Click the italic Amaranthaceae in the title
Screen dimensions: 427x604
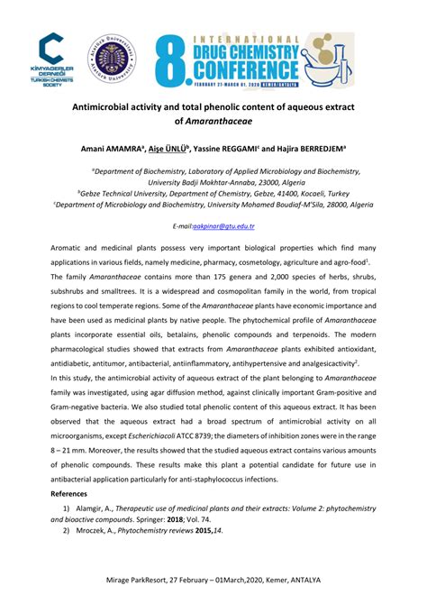pos(238,121)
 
